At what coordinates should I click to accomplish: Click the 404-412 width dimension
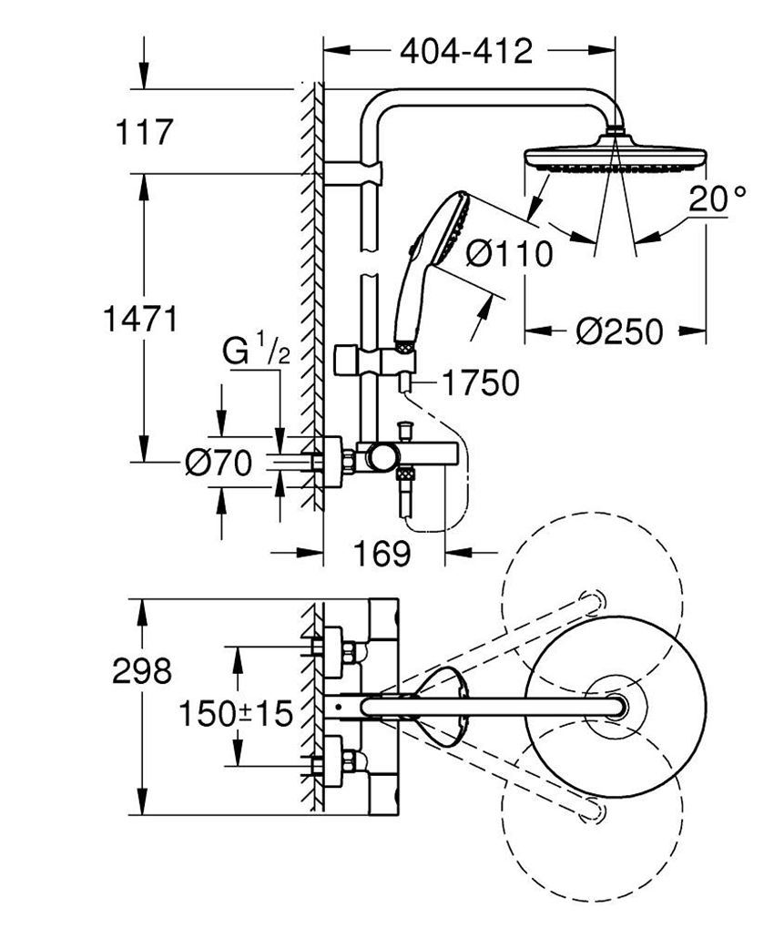[465, 52]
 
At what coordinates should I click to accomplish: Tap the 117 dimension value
[143, 133]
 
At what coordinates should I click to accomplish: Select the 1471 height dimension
[139, 320]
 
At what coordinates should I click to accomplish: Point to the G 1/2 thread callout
[256, 352]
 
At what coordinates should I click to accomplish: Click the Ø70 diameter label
[218, 464]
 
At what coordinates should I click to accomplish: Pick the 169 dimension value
[382, 553]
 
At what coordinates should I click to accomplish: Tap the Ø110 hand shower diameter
[509, 254]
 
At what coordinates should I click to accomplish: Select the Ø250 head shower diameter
[618, 331]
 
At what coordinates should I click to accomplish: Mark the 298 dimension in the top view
[141, 671]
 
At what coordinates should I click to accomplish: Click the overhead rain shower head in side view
[616, 156]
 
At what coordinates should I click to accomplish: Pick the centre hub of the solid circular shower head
[616, 706]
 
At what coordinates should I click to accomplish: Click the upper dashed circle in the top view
[592, 592]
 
